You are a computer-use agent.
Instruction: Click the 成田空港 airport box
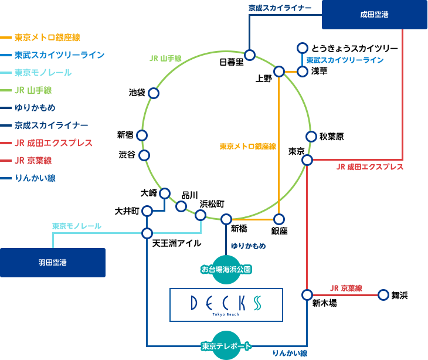(374, 15)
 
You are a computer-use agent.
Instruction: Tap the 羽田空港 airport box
(53, 262)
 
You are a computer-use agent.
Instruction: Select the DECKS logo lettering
(226, 303)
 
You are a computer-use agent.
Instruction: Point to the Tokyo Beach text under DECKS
(226, 314)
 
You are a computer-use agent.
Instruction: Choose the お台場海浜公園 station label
(226, 270)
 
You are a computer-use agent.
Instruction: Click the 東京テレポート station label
(226, 346)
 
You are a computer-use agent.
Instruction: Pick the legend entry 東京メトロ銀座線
(47, 38)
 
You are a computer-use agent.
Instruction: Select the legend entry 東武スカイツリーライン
(59, 55)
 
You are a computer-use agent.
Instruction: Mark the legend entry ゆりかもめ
(35, 108)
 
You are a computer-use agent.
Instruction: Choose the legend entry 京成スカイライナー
(51, 125)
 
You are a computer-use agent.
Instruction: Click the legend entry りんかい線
(35, 178)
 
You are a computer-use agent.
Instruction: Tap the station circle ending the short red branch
(383, 295)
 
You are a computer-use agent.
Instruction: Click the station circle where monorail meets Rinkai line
(147, 233)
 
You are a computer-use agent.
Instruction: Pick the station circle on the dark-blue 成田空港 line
(250, 55)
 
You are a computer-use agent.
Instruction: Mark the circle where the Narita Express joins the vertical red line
(307, 160)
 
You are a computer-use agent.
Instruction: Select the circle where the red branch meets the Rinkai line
(307, 295)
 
